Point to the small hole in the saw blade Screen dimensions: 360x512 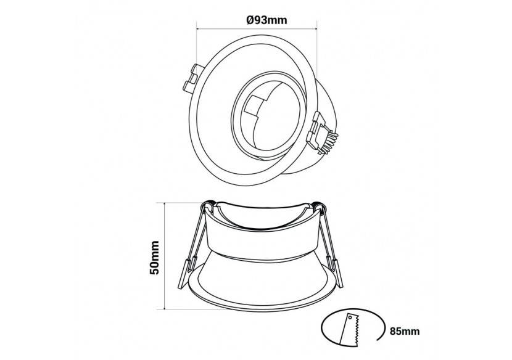pyautogui.click(x=352, y=320)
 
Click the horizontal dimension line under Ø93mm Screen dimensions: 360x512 pyautogui.click(x=257, y=28)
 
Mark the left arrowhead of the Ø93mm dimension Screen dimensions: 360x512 pyautogui.click(x=199, y=28)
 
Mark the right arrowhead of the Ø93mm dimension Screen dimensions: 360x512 pyautogui.click(x=314, y=28)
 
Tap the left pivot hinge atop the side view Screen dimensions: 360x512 pyautogui.click(x=211, y=206)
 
